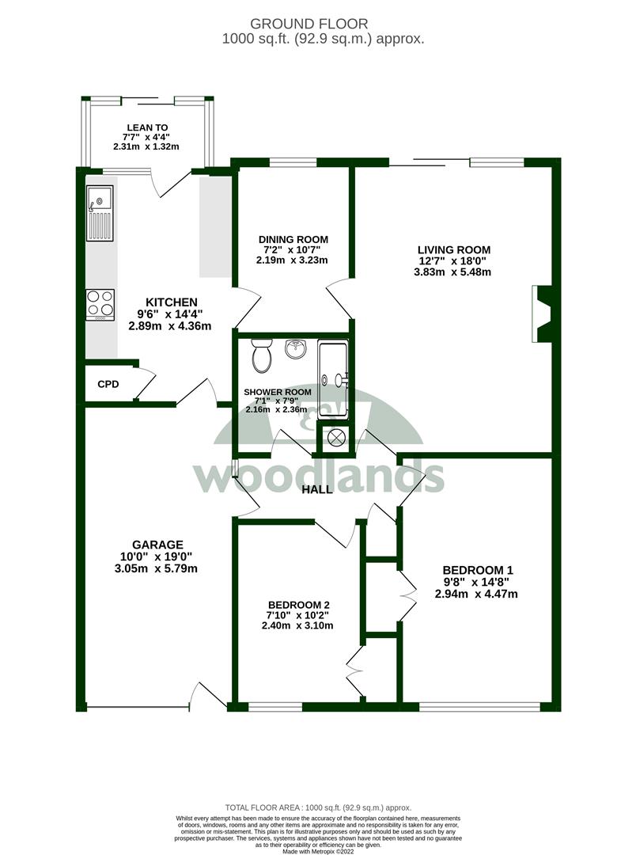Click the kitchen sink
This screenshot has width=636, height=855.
point(100,213)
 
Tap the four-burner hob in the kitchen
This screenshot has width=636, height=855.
point(100,304)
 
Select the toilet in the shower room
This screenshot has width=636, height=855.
point(262,355)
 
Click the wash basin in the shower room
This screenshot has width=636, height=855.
point(296,350)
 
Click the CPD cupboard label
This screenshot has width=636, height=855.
point(108,385)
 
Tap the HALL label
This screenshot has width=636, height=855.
point(317,490)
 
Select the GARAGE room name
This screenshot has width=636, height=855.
point(157,545)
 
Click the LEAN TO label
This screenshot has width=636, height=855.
point(147,127)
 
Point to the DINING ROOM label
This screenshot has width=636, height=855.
point(293,239)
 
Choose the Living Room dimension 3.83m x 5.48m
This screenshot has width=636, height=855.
point(452,272)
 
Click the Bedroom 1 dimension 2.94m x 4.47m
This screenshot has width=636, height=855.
point(476,595)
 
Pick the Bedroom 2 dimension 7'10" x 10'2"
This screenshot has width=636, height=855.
point(297,615)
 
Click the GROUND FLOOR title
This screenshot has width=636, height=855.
point(309,24)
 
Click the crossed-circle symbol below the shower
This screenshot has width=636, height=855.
point(335,437)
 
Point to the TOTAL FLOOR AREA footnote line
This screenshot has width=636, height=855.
point(318,807)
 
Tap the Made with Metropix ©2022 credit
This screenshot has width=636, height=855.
point(318,850)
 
